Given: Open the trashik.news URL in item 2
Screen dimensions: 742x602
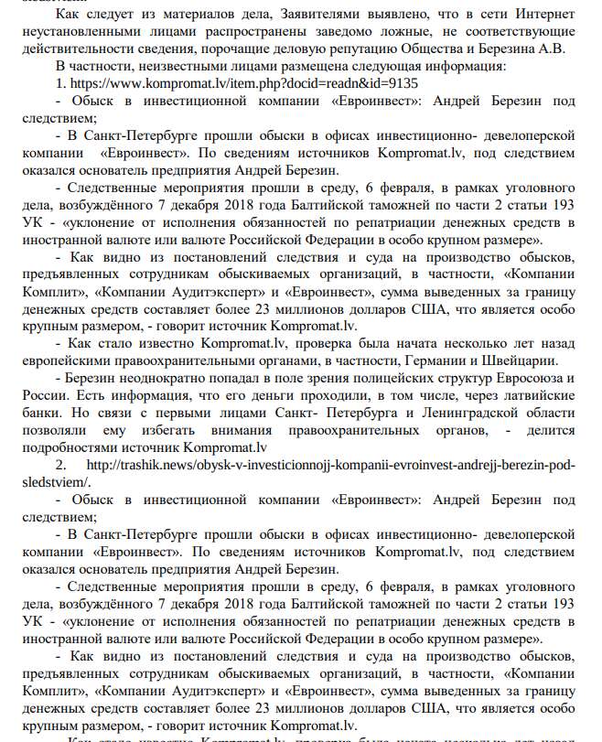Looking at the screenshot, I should (332, 465).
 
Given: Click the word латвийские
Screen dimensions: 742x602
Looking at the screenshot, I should (534, 395).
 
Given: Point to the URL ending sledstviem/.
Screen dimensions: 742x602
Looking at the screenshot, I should (64, 482).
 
